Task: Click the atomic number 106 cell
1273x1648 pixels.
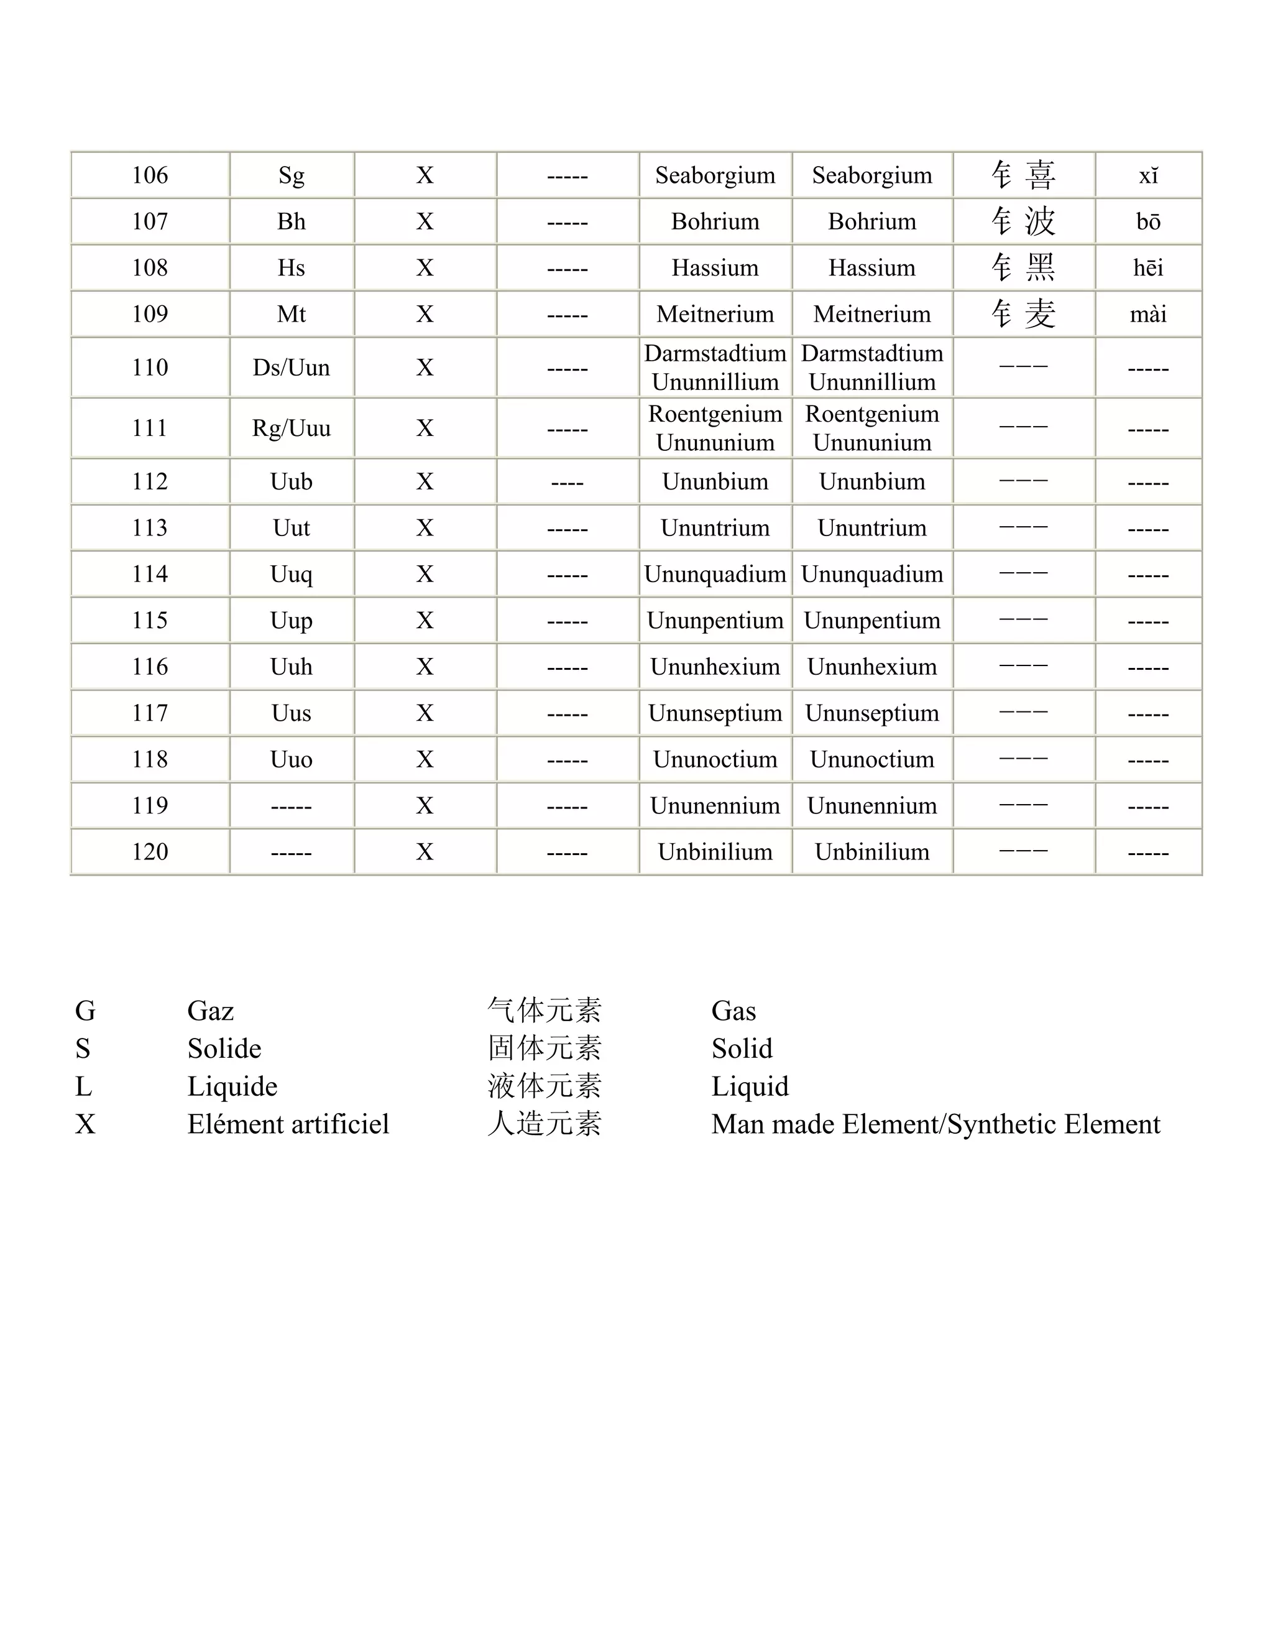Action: click(x=149, y=175)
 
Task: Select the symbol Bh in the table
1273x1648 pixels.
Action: click(x=291, y=221)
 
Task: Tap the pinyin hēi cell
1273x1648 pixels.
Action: click(x=1148, y=268)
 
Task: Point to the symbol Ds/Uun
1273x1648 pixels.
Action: click(x=291, y=368)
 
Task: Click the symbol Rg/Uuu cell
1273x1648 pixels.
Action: click(x=291, y=428)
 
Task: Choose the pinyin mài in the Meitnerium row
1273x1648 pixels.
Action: click(x=1148, y=314)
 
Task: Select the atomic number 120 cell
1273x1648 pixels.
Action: click(x=149, y=852)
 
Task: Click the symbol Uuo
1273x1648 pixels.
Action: click(x=291, y=759)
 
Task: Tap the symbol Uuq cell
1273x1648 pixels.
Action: click(x=291, y=574)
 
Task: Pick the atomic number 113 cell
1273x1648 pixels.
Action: click(x=149, y=527)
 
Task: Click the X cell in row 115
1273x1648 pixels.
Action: click(x=425, y=620)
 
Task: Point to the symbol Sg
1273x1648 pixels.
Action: click(x=291, y=175)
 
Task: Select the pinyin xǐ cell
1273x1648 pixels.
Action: click(x=1148, y=176)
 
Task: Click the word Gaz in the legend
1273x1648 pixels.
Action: click(x=211, y=1011)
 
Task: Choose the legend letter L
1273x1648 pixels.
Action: click(x=83, y=1086)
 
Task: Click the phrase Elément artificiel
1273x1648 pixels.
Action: click(x=288, y=1124)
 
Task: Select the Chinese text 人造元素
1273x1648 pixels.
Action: click(x=545, y=1124)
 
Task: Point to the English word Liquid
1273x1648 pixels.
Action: click(x=750, y=1086)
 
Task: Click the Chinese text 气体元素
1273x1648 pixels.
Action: click(x=545, y=1011)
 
